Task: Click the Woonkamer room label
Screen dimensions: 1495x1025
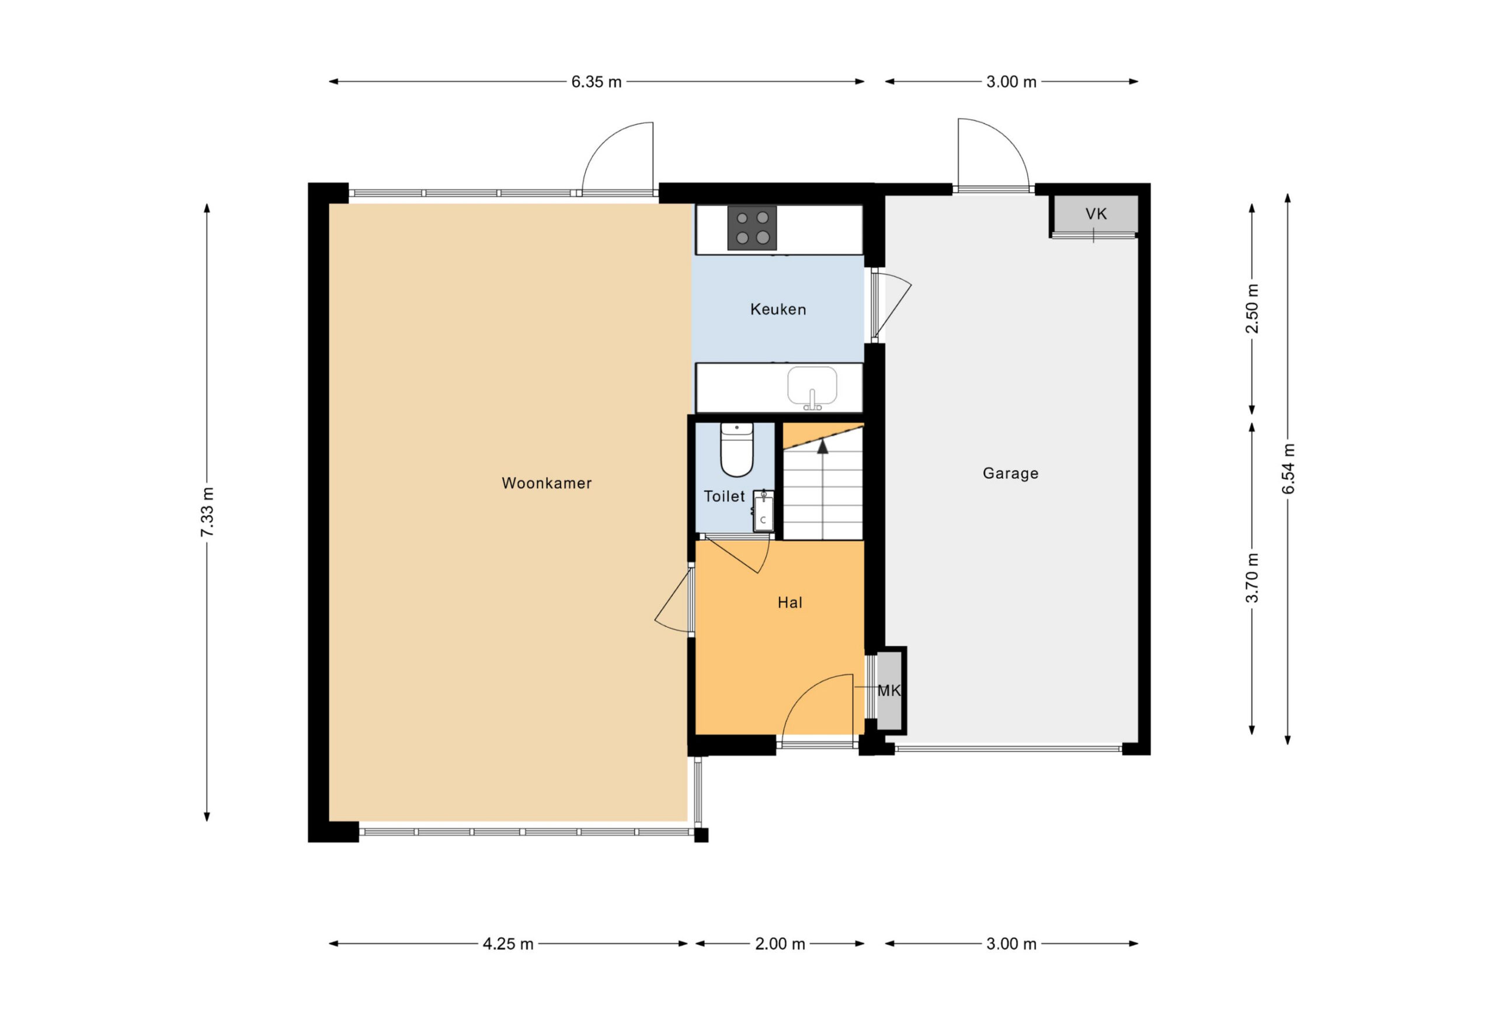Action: tap(546, 483)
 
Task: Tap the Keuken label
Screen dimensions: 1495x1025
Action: tap(778, 310)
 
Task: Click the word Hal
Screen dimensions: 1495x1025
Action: tap(790, 602)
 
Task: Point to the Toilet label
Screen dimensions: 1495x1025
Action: tap(724, 496)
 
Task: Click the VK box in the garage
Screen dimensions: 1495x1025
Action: tap(1096, 214)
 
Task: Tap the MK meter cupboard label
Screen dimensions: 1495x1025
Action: tap(889, 690)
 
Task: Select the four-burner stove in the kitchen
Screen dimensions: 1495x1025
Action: tap(752, 228)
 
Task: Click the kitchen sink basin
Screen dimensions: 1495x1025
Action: tap(812, 386)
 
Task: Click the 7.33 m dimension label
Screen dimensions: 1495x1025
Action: tap(207, 512)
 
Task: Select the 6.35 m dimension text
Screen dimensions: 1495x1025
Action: tap(596, 82)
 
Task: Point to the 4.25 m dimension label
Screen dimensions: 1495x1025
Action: tap(508, 944)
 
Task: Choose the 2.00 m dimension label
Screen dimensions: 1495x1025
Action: tap(780, 944)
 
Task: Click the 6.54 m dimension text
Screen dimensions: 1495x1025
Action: tap(1288, 469)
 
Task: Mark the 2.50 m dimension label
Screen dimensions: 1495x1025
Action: tap(1253, 309)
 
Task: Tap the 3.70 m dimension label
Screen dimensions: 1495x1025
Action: tap(1253, 578)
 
